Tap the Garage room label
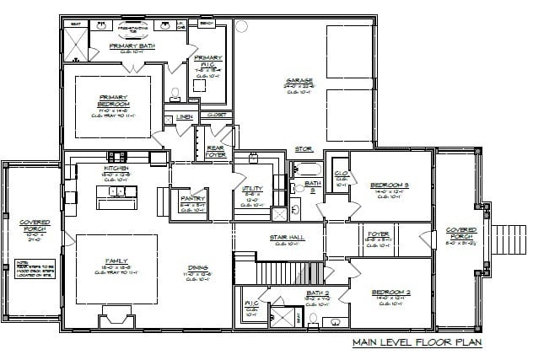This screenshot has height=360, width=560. click(x=300, y=82)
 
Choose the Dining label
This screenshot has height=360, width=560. click(x=199, y=269)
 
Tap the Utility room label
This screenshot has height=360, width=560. click(x=252, y=193)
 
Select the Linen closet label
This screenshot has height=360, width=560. click(x=185, y=116)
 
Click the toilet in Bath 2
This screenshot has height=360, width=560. click(x=313, y=320)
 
